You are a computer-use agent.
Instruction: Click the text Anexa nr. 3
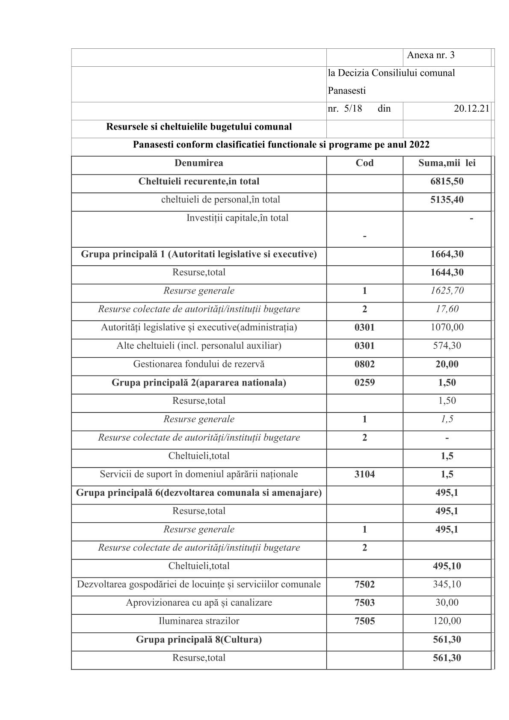431,55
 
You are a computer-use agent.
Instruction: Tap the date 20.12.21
471,109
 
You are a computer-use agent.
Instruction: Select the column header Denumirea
198,163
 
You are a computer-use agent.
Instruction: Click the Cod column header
364,163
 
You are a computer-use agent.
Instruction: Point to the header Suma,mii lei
447,163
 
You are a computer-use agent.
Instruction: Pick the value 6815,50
447,181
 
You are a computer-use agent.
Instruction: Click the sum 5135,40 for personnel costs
447,200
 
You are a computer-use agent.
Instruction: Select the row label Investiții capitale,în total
237,218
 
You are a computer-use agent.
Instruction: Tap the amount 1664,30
447,255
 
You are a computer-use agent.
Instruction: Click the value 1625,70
447,291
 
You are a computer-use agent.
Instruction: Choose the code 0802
364,364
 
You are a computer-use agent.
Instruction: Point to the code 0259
364,382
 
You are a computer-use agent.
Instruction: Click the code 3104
364,474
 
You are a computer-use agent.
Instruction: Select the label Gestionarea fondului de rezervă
198,364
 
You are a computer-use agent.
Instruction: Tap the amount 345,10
447,584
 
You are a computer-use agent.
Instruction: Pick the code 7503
364,603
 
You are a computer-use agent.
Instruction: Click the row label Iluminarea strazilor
198,621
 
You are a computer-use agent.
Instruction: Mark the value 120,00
447,621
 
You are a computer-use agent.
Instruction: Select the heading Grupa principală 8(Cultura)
198,640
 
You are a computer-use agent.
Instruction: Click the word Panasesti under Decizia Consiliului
346,91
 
